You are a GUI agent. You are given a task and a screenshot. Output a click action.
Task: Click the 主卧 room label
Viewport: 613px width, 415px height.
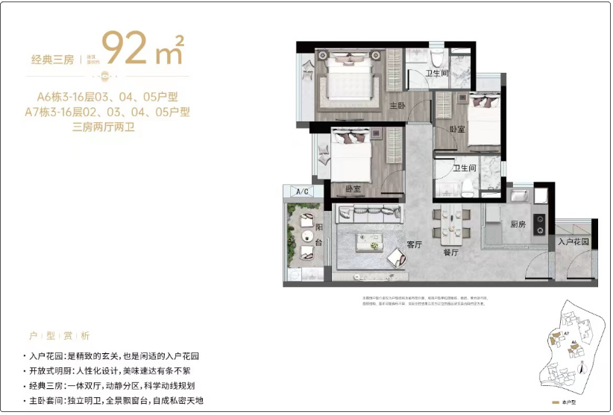coord(396,106)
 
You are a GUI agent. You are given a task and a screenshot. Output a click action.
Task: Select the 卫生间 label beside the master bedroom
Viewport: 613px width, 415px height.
coord(437,73)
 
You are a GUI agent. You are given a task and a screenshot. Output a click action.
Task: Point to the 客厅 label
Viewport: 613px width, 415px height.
coord(415,244)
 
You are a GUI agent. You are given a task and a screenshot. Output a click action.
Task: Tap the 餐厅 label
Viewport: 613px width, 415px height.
coord(450,252)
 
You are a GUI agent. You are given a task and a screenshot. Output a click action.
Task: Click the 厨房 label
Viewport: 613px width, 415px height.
coord(519,224)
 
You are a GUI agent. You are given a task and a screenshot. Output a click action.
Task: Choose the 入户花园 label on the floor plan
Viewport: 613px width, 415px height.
coord(573,242)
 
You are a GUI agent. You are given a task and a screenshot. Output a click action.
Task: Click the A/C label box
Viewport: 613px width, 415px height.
coord(303,191)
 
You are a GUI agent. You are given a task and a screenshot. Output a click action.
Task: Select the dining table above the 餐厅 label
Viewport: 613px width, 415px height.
coord(455,223)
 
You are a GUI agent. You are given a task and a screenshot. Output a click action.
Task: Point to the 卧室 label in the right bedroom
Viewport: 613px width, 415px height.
coord(457,129)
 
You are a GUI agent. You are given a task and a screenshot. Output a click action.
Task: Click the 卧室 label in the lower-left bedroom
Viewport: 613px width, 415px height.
coord(353,189)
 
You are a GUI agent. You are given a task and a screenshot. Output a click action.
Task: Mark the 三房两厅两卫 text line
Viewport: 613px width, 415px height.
coord(107,127)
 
